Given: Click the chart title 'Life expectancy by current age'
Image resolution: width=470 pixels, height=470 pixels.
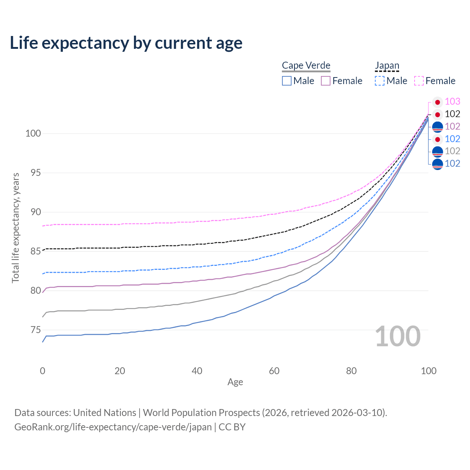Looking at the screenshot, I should pos(126,43).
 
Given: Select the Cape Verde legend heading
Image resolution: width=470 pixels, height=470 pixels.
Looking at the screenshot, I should pos(306,65).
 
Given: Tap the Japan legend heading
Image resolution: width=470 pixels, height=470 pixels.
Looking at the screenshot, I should pos(387,65).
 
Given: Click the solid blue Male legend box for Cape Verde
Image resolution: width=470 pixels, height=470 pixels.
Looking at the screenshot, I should pos(287,81).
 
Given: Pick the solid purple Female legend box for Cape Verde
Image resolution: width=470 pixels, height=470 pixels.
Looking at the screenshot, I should pos(326,81).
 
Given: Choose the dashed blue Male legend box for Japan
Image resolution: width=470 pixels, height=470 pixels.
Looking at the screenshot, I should pos(380,81).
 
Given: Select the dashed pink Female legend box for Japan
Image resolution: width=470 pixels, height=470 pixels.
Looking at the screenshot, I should pos(419,81).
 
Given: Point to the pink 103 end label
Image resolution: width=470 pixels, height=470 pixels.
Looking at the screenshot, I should pos(452,101).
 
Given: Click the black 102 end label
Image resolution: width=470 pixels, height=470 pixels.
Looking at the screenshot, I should pos(452,114).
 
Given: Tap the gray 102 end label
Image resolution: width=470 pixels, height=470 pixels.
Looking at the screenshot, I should pos(452,151).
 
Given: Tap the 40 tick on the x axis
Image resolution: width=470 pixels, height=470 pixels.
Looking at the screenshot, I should pos(197,371).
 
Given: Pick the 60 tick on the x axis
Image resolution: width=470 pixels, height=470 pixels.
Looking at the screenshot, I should pos(274,371).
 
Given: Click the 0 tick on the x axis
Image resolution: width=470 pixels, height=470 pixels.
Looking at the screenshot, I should pos(43,371).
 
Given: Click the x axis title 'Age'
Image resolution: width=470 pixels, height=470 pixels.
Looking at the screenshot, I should pos(235,382).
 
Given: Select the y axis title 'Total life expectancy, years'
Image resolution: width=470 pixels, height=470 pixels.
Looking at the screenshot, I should pos(15,228).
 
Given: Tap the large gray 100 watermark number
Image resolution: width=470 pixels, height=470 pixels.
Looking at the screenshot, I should pos(398,336).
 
